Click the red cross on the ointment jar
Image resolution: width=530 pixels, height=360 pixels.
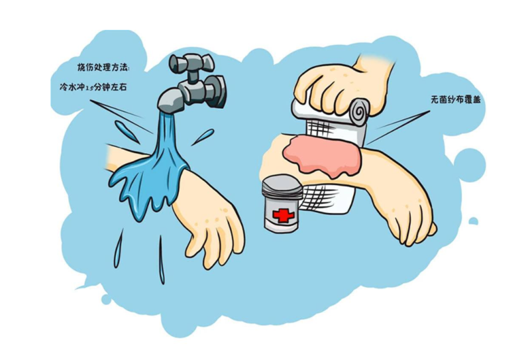(x=280, y=215)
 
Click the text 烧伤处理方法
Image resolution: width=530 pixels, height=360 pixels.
(x=103, y=68)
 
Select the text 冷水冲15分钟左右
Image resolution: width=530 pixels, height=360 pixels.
(x=93, y=87)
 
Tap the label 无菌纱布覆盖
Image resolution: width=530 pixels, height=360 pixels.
(x=455, y=100)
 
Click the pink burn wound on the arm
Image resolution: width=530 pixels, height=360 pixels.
(x=323, y=155)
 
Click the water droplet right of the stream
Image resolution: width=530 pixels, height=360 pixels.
(x=203, y=137)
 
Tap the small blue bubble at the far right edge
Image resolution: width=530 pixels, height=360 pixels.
(x=474, y=221)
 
